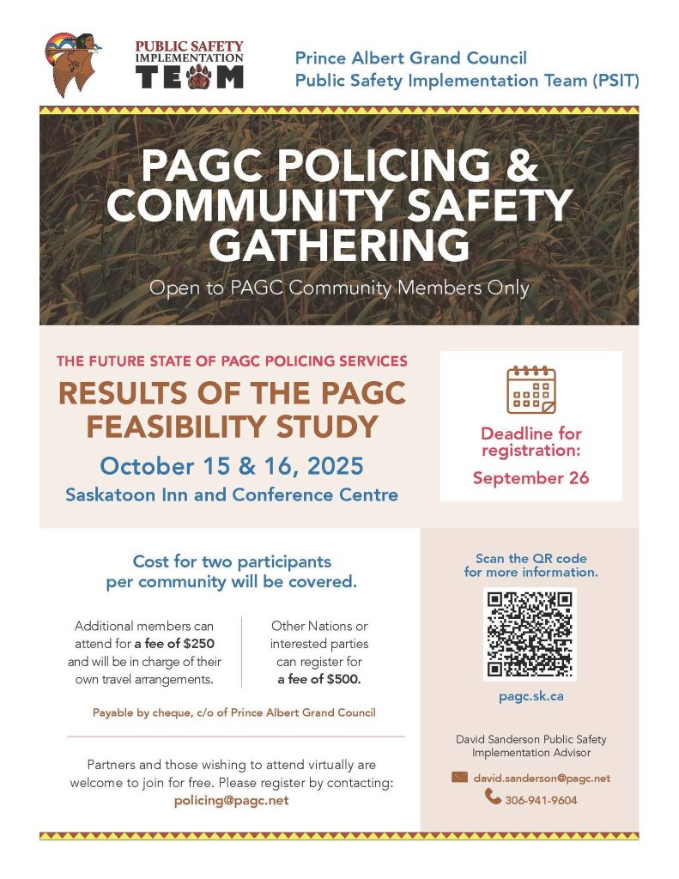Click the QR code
coord(530,633)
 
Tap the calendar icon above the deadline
coord(531,391)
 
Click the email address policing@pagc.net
coord(231,800)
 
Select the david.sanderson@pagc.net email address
coord(542,778)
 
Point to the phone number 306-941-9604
coord(542,800)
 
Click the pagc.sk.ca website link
coord(530,696)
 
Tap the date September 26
coord(530,478)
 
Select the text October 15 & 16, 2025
coord(232,466)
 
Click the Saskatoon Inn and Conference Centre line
coord(232,494)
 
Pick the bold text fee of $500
coord(319,679)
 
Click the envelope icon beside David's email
coord(459,778)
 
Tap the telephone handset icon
coord(493,797)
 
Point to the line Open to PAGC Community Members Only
coord(339,288)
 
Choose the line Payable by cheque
coord(233,712)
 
